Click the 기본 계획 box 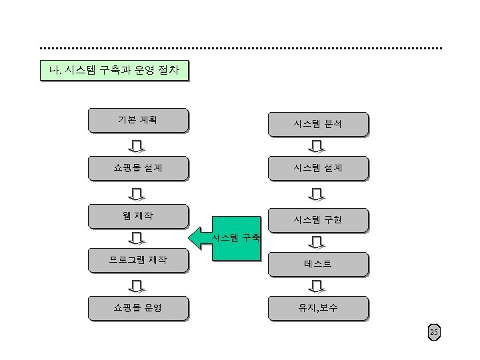pyautogui.click(x=138, y=120)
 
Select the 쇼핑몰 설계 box pyautogui.click(x=138, y=168)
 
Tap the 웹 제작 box pyautogui.click(x=138, y=215)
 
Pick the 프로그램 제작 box pyautogui.click(x=138, y=259)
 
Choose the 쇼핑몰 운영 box pyautogui.click(x=138, y=308)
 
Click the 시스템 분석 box pyautogui.click(x=317, y=123)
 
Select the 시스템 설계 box pyautogui.click(x=317, y=168)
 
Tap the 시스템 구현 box pyautogui.click(x=317, y=219)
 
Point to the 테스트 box pyautogui.click(x=317, y=264)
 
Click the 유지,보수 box pyautogui.click(x=317, y=308)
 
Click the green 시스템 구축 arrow pyautogui.click(x=227, y=237)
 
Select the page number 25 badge pyautogui.click(x=434, y=332)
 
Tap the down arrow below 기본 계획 pyautogui.click(x=137, y=145)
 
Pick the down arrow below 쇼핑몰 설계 pyautogui.click(x=137, y=193)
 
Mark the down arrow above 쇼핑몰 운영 pyautogui.click(x=137, y=285)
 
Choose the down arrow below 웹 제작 pyautogui.click(x=137, y=237)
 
